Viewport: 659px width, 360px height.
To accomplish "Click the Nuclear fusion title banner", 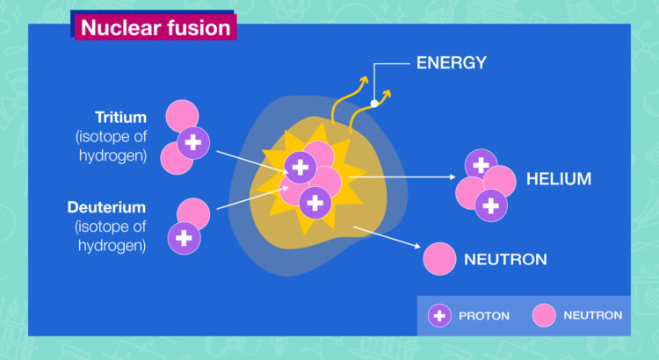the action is pyautogui.click(x=156, y=27).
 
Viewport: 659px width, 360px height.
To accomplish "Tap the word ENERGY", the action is pyautogui.click(x=452, y=63).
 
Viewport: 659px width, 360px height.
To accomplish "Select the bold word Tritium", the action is pyautogui.click(x=120, y=117).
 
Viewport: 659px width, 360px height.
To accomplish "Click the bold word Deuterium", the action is pyautogui.click(x=106, y=207).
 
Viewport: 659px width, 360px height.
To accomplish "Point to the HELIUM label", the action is pyautogui.click(x=559, y=179).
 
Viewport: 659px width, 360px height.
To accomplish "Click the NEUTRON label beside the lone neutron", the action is pyautogui.click(x=505, y=259).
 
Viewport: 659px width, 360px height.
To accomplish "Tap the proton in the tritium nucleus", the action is pyautogui.click(x=193, y=143).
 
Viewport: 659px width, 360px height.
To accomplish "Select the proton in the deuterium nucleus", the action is pyautogui.click(x=185, y=238).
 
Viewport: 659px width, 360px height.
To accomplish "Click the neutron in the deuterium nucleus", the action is pyautogui.click(x=194, y=212).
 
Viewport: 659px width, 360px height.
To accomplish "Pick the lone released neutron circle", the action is pyautogui.click(x=439, y=259).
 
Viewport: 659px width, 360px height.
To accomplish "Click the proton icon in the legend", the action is pyautogui.click(x=439, y=315).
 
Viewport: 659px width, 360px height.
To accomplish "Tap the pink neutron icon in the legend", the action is pyautogui.click(x=544, y=315).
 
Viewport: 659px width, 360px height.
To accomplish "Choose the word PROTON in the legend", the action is pyautogui.click(x=484, y=316).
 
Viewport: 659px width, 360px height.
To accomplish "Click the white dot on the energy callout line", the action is pyautogui.click(x=374, y=104).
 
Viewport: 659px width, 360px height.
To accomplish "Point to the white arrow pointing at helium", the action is pyautogui.click(x=402, y=176).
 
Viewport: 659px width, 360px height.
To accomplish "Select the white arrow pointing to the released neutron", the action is pyautogui.click(x=387, y=237).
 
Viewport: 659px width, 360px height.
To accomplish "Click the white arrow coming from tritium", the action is pyautogui.click(x=252, y=162).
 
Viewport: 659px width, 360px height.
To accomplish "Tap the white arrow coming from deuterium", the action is pyautogui.click(x=252, y=198).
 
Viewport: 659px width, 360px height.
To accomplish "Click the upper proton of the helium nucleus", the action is pyautogui.click(x=482, y=165).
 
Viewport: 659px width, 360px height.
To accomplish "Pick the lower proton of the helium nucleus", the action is pyautogui.click(x=491, y=205).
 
